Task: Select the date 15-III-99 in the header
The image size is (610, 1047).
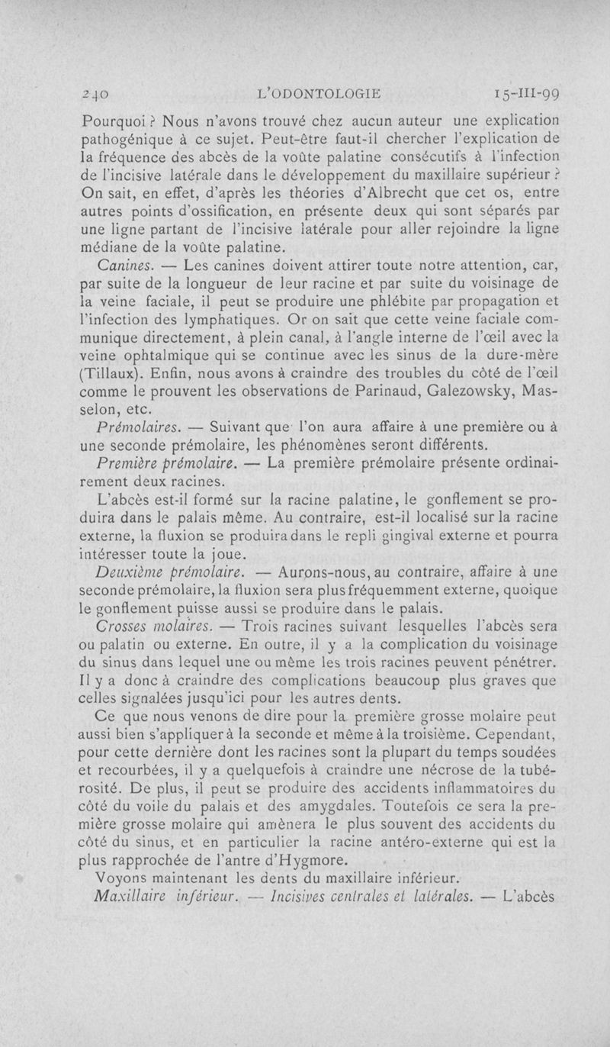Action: tap(526, 95)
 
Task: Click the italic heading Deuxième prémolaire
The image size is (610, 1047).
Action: tap(167, 572)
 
